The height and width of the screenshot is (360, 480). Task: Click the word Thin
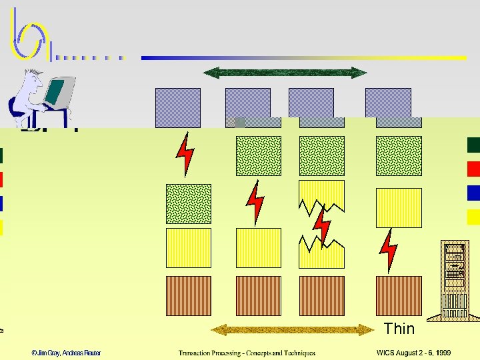coord(399,328)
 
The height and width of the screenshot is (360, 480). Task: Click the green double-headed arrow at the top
coord(285,73)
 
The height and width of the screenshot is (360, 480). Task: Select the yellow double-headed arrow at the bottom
coord(293,330)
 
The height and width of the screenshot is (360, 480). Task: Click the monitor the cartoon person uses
coord(58,94)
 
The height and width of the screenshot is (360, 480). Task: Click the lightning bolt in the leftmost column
coord(185,154)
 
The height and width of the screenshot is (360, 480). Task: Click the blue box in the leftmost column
coord(177,107)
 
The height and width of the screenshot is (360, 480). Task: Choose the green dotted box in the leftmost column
coord(188,203)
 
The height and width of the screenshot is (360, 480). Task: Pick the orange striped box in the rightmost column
coord(399,295)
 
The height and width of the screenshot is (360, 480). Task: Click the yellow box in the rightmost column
coord(399,207)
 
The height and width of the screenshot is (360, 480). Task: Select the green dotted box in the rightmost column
coord(399,156)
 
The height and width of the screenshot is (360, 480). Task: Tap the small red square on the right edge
coord(473,169)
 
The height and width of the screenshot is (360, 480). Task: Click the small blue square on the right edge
coord(473,193)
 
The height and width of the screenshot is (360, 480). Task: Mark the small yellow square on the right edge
coord(473,217)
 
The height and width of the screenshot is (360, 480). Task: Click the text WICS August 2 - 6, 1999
coord(413,353)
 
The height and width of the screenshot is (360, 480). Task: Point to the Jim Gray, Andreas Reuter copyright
coord(65,353)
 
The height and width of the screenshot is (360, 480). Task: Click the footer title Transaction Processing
coord(247,353)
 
